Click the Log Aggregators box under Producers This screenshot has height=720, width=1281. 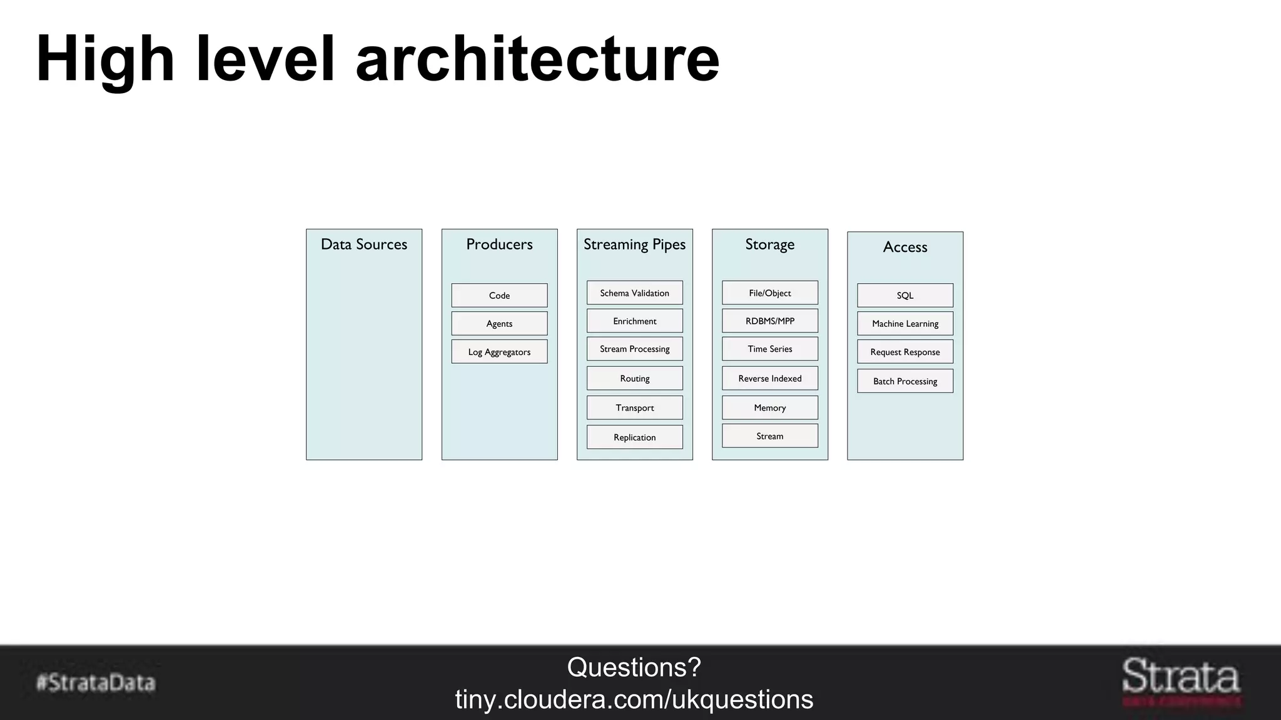(x=499, y=352)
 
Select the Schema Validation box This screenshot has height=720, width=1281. (x=634, y=293)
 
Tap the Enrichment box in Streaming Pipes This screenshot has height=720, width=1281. (x=634, y=321)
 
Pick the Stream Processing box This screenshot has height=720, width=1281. (x=634, y=349)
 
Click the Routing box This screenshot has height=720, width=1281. (x=634, y=379)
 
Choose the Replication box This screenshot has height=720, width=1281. (x=634, y=437)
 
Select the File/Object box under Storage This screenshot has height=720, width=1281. (x=769, y=293)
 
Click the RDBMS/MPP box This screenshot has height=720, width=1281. (x=769, y=321)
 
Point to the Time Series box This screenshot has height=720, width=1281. (x=769, y=349)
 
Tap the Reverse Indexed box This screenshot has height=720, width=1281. (x=769, y=379)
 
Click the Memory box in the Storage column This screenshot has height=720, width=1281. (x=769, y=408)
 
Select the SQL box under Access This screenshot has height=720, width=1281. (x=904, y=296)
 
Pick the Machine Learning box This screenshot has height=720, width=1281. (x=904, y=324)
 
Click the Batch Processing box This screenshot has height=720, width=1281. (x=904, y=381)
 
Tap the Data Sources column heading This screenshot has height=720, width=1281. (x=363, y=244)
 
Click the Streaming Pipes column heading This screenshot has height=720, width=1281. (x=634, y=244)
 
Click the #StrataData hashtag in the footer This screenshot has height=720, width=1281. (x=96, y=682)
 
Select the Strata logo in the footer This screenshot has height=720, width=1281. (x=1180, y=679)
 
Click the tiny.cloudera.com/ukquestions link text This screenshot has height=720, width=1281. (x=634, y=699)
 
